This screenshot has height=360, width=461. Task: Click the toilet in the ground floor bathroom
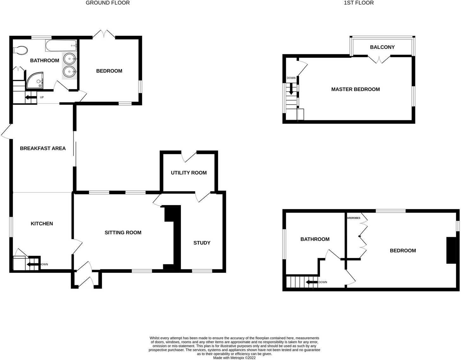pos(20,50)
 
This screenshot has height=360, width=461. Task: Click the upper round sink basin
pos(69,59)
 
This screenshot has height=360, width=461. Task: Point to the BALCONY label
pos(382,47)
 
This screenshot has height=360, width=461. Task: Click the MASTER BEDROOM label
pos(355,89)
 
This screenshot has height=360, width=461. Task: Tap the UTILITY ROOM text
pos(189,173)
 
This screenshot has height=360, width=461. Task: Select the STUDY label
pos(202,243)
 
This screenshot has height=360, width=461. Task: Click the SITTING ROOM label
pos(123,233)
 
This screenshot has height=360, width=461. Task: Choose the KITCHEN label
pos(42,224)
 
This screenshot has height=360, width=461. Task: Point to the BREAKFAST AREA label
pos(43,148)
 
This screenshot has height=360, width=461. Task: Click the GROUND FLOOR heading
pos(108,3)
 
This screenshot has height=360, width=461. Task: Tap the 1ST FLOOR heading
pos(359,3)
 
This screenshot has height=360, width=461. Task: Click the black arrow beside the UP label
pos(31,97)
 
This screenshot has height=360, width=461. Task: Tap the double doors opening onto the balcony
pos(379,60)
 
